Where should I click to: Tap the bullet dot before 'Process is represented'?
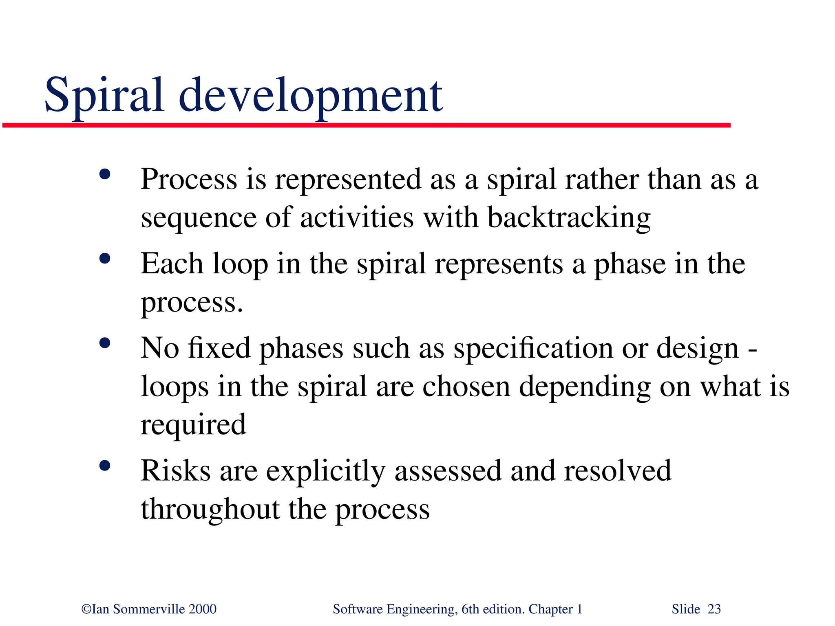[105, 174]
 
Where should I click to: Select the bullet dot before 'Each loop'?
[105, 259]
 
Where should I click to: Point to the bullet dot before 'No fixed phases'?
[105, 343]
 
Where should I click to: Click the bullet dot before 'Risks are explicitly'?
[105, 466]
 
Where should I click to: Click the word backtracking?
[569, 218]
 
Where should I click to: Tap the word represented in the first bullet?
[348, 180]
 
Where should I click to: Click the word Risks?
[175, 471]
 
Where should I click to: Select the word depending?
[585, 388]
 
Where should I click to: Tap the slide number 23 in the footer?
[714, 609]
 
